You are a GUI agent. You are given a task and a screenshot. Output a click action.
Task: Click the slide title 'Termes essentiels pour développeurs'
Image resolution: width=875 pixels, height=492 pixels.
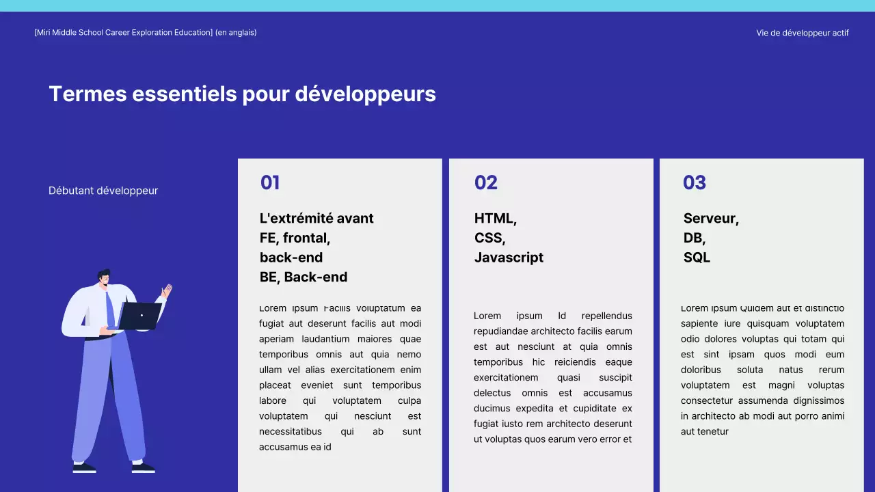242,94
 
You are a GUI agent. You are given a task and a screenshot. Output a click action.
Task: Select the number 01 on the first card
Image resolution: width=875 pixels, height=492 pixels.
270,182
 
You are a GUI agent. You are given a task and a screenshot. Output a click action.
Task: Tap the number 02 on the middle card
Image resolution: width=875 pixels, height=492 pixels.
485,182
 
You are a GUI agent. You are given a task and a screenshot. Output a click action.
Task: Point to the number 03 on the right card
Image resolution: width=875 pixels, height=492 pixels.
694,182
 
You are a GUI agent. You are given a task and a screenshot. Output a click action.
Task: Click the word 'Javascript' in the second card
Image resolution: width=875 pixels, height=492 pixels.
509,258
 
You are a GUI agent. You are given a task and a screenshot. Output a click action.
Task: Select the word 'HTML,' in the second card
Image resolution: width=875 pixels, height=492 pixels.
495,219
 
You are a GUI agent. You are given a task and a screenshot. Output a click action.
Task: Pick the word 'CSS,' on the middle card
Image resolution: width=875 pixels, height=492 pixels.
489,238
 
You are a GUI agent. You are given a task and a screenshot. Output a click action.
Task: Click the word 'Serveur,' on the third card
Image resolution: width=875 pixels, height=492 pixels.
711,219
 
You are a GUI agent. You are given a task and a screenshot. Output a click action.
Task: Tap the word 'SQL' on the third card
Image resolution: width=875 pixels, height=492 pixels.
697,258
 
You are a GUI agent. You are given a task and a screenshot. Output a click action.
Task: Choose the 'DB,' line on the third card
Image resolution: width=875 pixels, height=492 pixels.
694,238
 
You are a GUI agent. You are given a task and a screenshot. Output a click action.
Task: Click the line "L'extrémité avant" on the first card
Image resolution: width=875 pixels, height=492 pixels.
317,219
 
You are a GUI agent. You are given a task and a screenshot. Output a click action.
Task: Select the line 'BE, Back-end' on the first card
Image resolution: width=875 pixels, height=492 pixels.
304,277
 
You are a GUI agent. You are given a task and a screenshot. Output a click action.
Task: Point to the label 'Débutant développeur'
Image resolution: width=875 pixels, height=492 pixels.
103,191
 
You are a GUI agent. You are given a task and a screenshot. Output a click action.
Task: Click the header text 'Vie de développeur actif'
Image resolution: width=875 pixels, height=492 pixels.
802,33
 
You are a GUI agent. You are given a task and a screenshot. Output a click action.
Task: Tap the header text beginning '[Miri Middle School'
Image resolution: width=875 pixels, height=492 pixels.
145,33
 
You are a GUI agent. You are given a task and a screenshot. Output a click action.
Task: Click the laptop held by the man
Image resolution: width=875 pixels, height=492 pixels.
140,316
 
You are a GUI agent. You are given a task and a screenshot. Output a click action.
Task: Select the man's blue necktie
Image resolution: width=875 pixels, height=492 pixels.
109,307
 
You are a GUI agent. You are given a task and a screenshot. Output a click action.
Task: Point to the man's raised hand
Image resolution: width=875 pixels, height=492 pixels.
166,292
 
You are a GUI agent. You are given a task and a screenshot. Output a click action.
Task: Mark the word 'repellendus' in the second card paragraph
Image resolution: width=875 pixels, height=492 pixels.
606,316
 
